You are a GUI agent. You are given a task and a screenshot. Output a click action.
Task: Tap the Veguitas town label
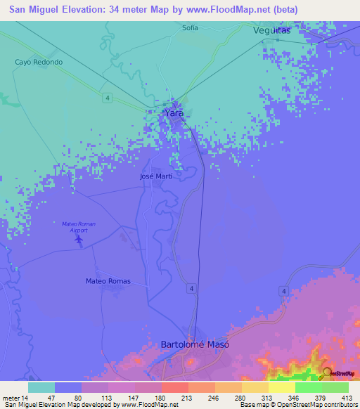click(271, 31)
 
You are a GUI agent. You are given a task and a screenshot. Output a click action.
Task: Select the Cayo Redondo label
click(39, 62)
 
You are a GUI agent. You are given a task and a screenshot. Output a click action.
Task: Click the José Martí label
click(156, 177)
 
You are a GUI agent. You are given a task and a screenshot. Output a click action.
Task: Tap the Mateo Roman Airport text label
click(78, 226)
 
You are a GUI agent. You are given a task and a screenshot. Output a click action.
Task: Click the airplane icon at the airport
click(78, 240)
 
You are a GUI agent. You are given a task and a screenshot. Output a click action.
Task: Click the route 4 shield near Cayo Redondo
click(104, 96)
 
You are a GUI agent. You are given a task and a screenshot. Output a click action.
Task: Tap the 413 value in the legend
click(347, 398)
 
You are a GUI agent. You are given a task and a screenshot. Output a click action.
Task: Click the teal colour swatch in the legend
click(41, 387)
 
